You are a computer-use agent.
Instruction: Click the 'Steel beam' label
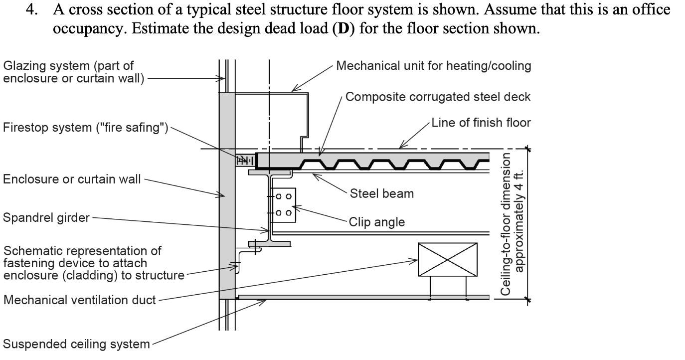click(382, 193)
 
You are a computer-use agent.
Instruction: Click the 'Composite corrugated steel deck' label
click(438, 97)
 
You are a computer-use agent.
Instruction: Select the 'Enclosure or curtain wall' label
click(72, 179)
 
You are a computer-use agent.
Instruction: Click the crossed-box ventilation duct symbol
click(447, 260)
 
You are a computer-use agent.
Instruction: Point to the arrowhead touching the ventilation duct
click(414, 260)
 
